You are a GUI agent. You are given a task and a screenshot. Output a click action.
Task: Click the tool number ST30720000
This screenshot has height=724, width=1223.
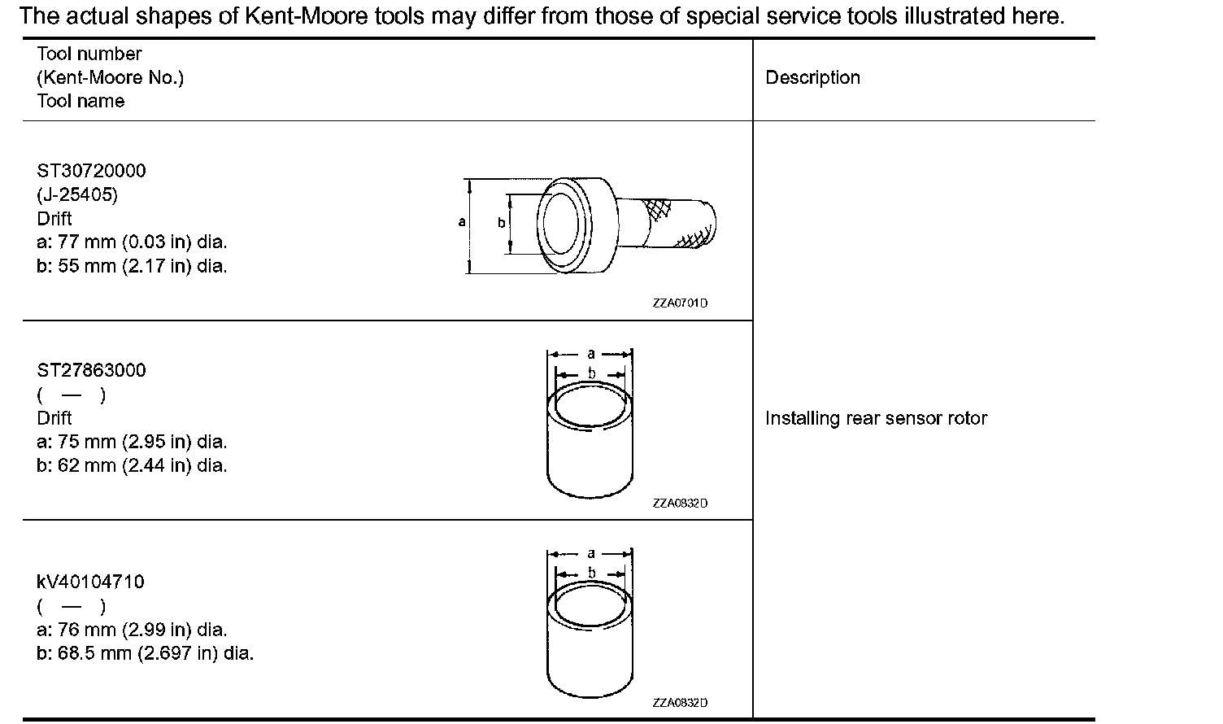[91, 171]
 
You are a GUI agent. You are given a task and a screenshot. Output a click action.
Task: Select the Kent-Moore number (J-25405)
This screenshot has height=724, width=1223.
[77, 195]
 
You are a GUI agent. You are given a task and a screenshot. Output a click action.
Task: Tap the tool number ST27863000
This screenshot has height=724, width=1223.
[91, 370]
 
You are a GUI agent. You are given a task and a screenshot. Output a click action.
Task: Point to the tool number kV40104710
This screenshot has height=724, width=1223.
[90, 582]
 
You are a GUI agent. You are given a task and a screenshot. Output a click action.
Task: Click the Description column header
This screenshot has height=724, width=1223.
[812, 78]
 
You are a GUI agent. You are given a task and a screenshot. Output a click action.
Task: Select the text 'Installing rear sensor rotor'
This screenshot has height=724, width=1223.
[876, 418]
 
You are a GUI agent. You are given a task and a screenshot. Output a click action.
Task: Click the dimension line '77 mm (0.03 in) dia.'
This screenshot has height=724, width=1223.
[132, 242]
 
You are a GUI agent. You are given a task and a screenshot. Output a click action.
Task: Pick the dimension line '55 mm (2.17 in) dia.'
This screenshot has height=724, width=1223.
[132, 266]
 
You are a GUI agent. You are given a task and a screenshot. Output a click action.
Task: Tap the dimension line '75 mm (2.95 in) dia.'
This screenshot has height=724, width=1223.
[132, 442]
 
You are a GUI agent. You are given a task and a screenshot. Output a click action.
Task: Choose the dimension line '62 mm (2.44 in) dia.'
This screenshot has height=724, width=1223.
[132, 465]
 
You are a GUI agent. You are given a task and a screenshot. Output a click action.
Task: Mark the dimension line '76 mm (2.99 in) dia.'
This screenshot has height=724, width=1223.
[132, 630]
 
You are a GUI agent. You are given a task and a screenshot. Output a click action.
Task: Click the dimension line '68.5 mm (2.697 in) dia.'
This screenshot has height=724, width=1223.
[145, 653]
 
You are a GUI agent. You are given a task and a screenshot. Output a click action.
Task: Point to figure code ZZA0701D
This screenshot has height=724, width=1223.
[680, 303]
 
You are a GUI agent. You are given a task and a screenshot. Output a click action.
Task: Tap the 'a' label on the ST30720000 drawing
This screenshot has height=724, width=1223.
[462, 221]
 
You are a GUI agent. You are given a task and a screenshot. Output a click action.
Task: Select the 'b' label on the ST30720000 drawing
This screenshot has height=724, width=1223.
[501, 222]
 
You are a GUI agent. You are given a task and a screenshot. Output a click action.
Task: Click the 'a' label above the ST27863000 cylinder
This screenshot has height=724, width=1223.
[591, 354]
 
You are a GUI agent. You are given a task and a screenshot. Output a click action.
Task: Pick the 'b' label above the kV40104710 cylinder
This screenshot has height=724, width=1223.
[591, 572]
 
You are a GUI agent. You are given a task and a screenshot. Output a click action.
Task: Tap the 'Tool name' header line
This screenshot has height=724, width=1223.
[81, 101]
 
